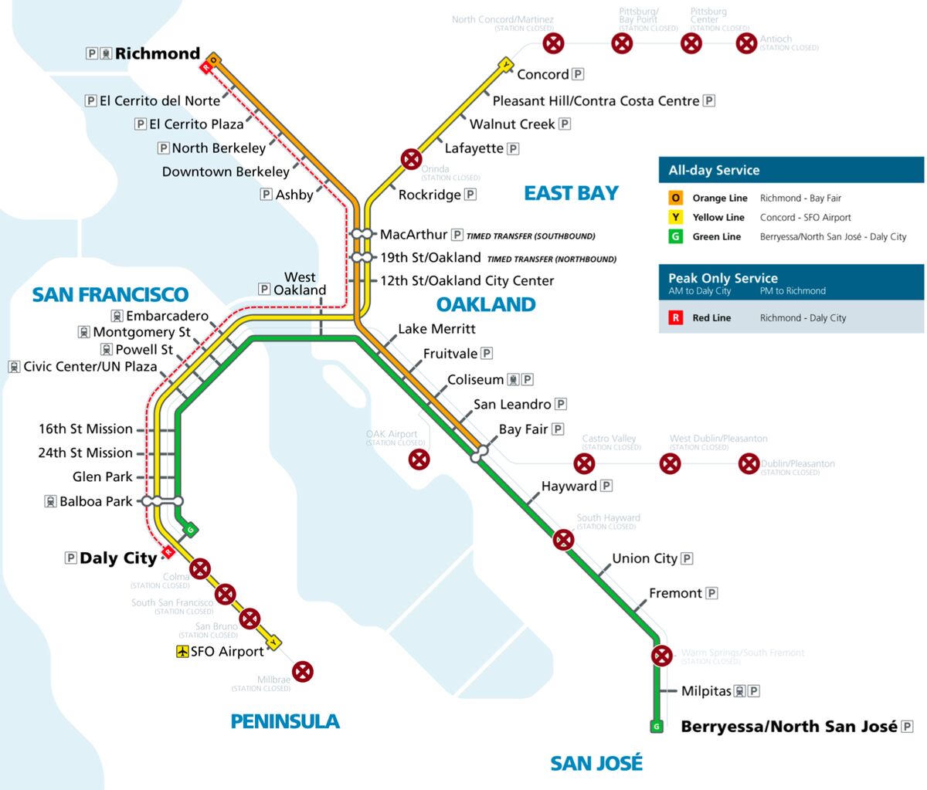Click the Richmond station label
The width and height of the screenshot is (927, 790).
coord(158,53)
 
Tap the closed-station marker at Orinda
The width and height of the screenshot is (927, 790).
coord(411,160)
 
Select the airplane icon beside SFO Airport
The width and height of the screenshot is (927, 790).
coord(182,652)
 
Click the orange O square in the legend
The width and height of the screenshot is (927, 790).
coord(676,198)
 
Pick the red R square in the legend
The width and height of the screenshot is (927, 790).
coord(676,317)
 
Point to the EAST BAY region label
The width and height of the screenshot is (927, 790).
coord(571,193)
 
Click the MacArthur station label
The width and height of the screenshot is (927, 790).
coord(413,234)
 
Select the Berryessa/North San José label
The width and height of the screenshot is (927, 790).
coord(789,726)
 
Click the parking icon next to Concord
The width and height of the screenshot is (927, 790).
coord(578,74)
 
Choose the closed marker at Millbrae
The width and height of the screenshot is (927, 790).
coord(303,671)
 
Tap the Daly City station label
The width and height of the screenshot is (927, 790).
coord(118,558)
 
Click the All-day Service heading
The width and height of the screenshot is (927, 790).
coord(714,170)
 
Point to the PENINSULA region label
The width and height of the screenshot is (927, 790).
coord(285,721)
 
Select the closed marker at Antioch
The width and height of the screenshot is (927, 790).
coord(746,43)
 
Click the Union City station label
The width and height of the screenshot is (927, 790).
coord(644,558)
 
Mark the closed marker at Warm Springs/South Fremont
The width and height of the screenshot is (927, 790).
coord(661,656)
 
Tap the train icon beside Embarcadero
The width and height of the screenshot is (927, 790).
coord(117,316)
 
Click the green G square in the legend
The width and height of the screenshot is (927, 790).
coord(676,236)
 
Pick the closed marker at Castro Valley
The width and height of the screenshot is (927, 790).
coord(585,463)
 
